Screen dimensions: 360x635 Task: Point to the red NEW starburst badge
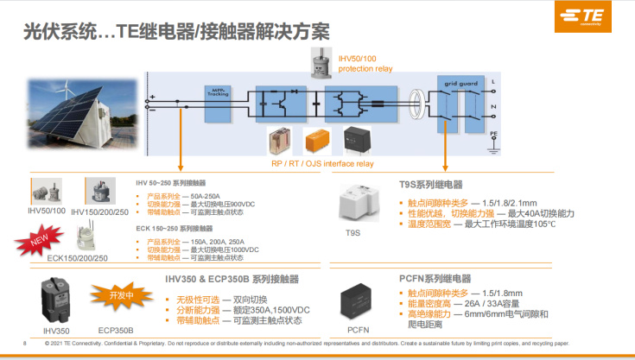pos(39,241)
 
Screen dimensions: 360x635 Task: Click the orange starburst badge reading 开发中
pos(123,295)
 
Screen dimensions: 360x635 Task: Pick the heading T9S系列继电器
pos(431,185)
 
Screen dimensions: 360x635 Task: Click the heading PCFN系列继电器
pos(435,279)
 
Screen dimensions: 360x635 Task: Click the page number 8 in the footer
pos(24,344)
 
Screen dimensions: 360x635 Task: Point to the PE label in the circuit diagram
pos(493,135)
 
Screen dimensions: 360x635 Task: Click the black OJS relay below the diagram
pos(358,139)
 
